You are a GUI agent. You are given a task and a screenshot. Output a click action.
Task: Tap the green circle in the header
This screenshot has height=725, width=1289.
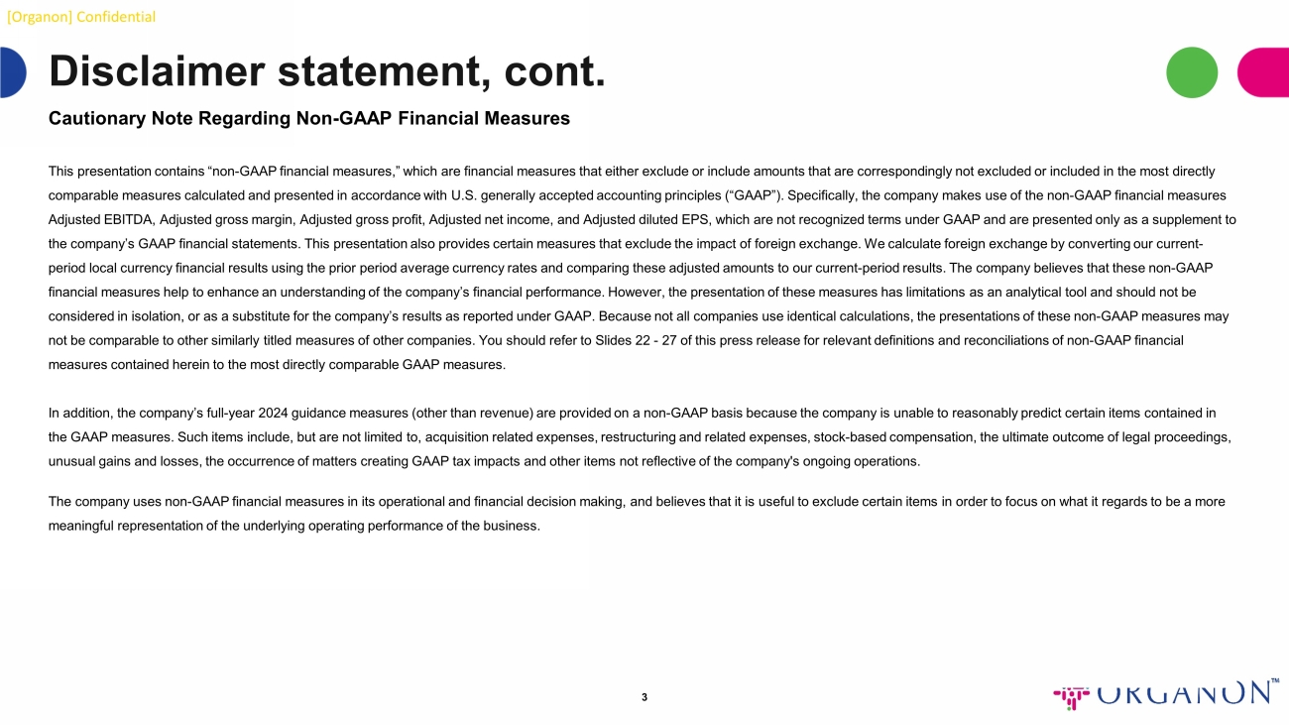click(x=1192, y=72)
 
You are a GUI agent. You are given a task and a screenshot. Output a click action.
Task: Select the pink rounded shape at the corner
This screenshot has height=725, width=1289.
click(x=1264, y=72)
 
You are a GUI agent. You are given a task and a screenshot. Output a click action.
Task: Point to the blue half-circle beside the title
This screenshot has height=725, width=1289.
click(x=13, y=72)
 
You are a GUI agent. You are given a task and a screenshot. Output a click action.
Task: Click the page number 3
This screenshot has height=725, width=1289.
click(x=644, y=697)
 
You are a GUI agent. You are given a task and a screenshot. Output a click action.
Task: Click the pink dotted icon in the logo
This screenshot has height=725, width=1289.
click(x=1071, y=696)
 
